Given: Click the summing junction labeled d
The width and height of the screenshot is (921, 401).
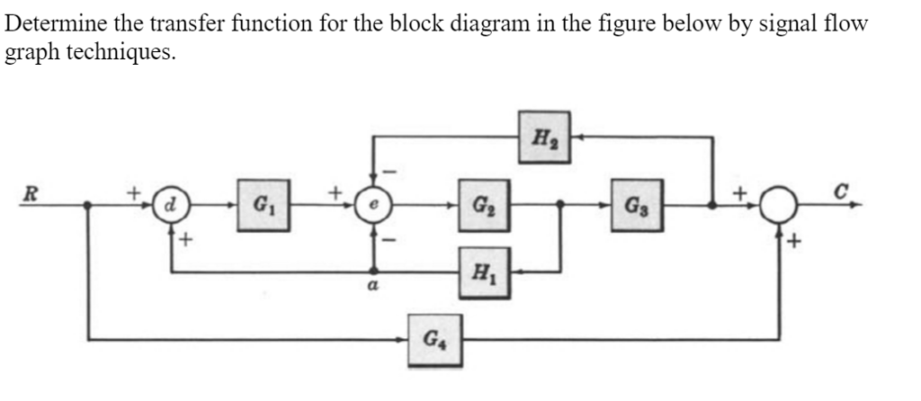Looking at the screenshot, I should (168, 205).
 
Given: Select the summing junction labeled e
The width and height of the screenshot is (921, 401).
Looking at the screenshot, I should (371, 205).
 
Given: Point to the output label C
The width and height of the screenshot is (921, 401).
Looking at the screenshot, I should (841, 189).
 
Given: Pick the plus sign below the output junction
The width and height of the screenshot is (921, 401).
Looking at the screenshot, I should (795, 241).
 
